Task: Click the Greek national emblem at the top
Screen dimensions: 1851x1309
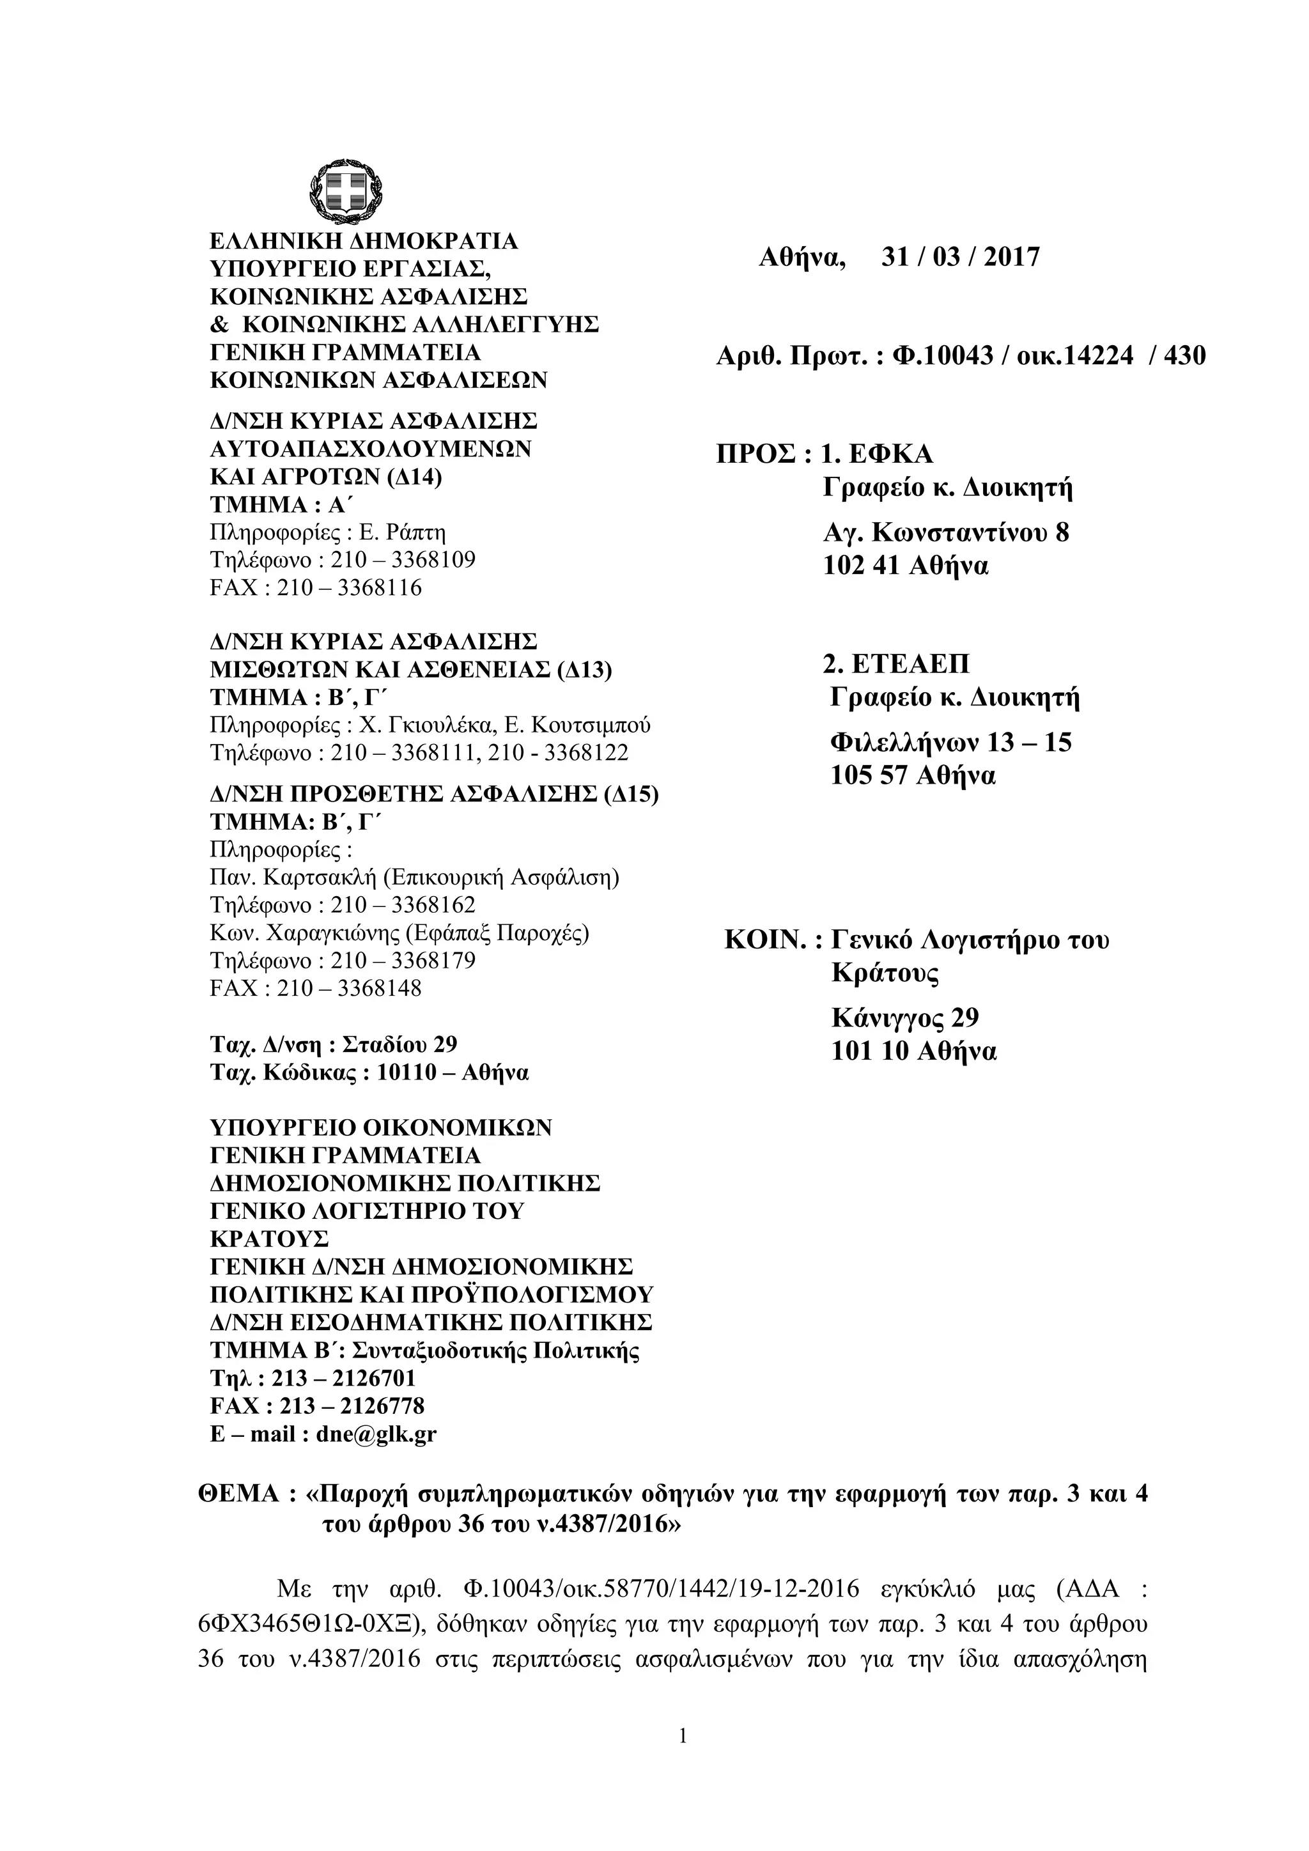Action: (x=342, y=191)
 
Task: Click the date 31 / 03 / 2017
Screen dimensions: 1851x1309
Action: (x=960, y=257)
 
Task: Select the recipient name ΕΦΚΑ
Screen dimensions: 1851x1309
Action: (x=890, y=454)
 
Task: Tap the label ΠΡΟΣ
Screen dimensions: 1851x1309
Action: (x=757, y=454)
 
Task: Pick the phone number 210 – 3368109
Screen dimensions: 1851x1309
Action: (x=403, y=559)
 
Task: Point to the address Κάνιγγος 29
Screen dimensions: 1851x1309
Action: (x=905, y=1018)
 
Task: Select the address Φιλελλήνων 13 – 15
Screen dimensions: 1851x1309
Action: (x=951, y=741)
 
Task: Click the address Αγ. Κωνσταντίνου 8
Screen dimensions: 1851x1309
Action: (x=945, y=533)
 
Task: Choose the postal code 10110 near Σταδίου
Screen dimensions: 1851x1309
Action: (x=408, y=1073)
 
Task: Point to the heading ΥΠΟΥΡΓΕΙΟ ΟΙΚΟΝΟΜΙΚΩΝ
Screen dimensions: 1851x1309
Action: (x=380, y=1127)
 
